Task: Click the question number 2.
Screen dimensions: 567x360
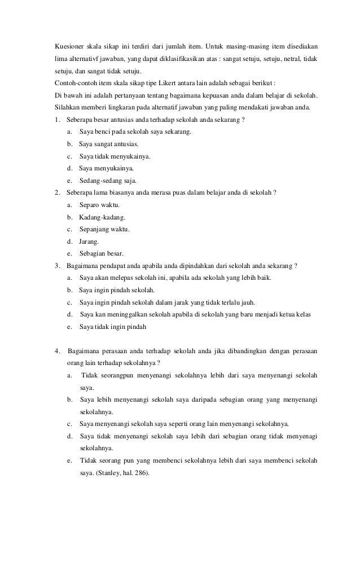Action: pos(58,193)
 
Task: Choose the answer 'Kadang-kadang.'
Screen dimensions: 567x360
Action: pos(103,218)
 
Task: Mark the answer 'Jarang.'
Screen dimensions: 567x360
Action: pos(89,241)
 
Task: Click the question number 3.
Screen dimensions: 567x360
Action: pos(58,266)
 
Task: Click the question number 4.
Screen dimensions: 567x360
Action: pos(58,351)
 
